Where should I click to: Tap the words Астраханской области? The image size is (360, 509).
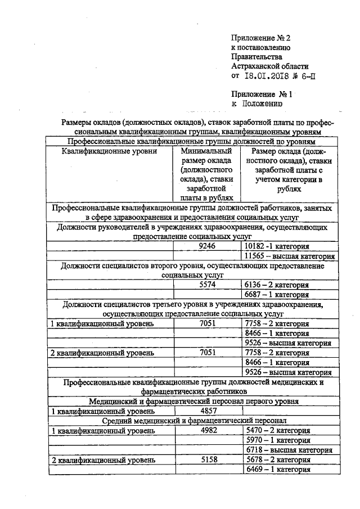(268, 66)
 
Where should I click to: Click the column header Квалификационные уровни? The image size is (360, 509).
(110, 151)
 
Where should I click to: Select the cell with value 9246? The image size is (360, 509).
(208, 246)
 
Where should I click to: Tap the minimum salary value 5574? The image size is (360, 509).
(208, 285)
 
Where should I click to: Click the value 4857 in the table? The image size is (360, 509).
(208, 411)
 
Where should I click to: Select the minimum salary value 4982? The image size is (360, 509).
(208, 430)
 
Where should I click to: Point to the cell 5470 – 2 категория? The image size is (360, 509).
(278, 430)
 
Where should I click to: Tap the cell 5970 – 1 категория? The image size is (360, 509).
(278, 440)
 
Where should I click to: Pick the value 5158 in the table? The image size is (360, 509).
(208, 460)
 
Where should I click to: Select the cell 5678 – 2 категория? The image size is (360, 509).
(278, 460)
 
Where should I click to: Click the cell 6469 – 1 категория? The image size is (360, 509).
(278, 469)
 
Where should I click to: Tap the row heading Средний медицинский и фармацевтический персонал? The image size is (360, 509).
(194, 420)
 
